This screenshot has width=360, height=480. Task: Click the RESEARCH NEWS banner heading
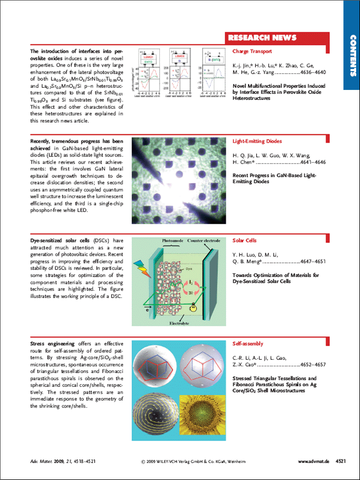pos(262,38)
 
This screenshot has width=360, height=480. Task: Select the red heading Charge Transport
pos(252,51)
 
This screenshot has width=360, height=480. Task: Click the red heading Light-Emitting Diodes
pos(257,142)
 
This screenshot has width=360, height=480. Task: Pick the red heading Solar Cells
pos(245,241)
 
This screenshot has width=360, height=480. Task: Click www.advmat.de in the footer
pos(314,462)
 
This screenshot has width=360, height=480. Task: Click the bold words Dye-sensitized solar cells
pos(59,241)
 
